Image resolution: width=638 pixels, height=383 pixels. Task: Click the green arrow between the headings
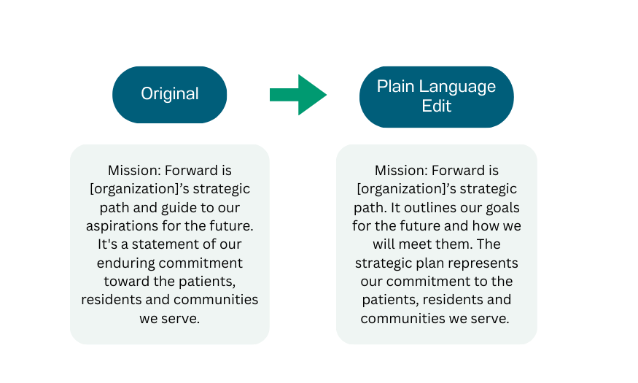coord(297,95)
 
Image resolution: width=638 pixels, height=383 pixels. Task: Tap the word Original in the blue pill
coord(169,94)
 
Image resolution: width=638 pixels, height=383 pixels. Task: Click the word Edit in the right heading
coord(437,106)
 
